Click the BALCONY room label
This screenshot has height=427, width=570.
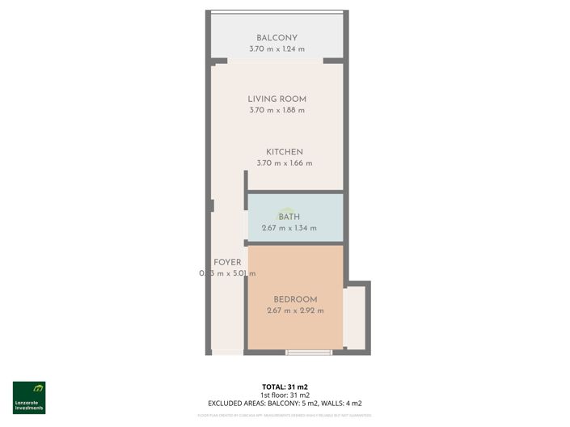point(277,38)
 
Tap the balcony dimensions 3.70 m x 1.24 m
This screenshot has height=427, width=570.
point(277,49)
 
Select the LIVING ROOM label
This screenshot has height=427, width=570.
point(277,99)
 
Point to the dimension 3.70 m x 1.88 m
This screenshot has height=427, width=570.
point(277,110)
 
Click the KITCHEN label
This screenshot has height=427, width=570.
point(285,152)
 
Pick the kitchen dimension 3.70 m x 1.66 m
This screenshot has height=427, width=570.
point(285,163)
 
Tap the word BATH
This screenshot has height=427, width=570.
point(289,217)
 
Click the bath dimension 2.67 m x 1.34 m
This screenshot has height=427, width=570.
point(289,228)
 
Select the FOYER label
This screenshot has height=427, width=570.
point(227,263)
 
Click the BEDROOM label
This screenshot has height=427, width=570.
point(295,299)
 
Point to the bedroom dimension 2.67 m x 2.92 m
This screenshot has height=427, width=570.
point(295,311)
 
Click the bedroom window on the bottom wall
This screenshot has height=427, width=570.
point(309,352)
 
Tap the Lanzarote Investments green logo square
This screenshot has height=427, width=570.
point(29,390)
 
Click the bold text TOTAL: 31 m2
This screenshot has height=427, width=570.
point(285,387)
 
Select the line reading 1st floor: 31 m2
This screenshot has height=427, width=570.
point(285,395)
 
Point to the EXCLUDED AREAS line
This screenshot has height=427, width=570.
point(285,403)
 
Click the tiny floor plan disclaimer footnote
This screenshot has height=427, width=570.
point(285,415)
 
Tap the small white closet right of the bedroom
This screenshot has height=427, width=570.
point(354,318)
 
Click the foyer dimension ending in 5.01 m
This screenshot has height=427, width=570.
point(227,273)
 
